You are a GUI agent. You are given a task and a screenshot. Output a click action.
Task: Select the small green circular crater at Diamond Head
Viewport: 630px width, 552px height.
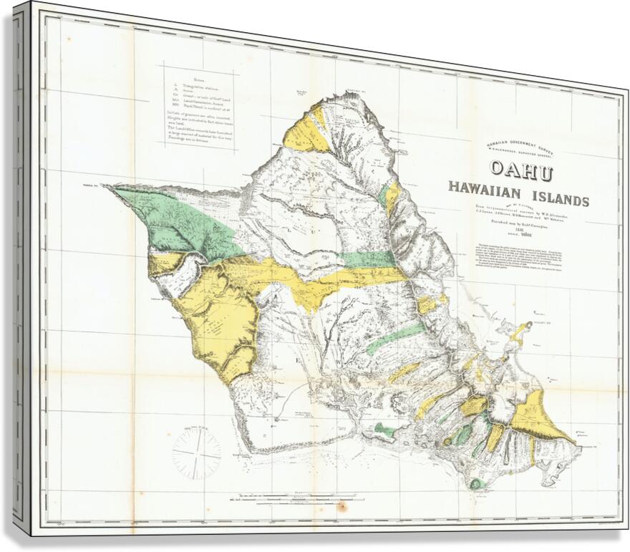coord(475,483)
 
